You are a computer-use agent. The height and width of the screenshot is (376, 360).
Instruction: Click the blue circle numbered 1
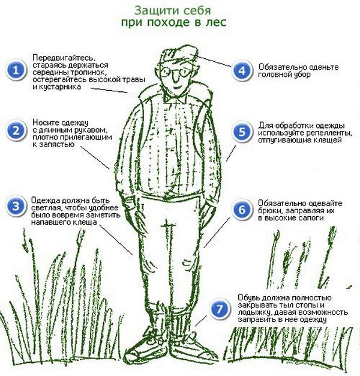coord(16,70)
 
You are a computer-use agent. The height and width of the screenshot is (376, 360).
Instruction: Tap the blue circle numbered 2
coord(16,131)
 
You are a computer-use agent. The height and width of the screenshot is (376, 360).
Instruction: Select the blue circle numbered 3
coord(16,207)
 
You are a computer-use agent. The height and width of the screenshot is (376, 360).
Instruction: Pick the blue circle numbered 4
coord(242,70)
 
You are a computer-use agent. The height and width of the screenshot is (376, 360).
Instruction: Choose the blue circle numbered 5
coord(242,132)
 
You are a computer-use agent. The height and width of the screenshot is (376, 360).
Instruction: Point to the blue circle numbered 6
coord(242,210)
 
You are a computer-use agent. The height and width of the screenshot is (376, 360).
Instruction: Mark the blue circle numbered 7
coord(220,309)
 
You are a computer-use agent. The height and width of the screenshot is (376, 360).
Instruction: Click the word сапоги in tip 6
coord(311,218)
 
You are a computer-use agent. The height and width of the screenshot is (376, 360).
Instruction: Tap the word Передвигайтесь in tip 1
coord(64,58)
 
